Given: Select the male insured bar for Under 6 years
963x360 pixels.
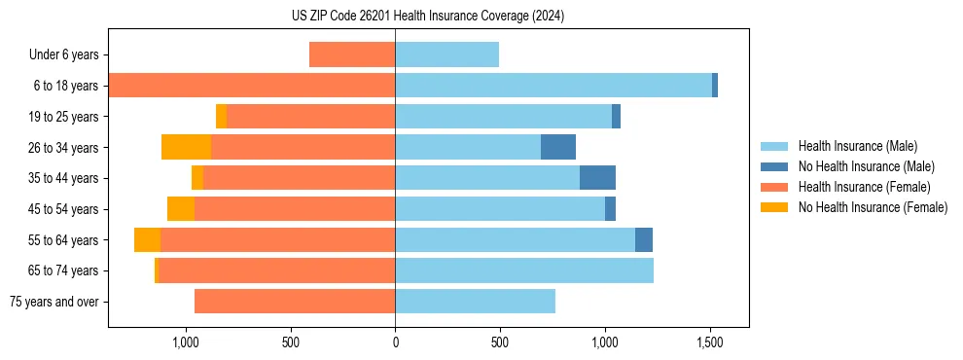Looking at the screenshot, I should point(446,54).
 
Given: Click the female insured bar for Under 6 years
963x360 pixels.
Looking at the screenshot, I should point(352,54).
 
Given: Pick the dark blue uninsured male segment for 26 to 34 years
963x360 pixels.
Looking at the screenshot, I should point(558,147).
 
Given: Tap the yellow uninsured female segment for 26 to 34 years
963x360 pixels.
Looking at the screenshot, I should point(186,147).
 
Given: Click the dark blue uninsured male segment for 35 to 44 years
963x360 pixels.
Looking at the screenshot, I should point(597,178).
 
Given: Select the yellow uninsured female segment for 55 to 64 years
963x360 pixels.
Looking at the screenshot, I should point(147,239).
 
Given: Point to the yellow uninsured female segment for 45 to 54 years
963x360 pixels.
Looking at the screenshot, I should point(181,208).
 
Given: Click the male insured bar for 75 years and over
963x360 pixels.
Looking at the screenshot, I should point(475,302).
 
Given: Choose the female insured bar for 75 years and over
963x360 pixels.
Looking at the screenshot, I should point(295,302).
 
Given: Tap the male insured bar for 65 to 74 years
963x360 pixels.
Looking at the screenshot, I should point(524,270).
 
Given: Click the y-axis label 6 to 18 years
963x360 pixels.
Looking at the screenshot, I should point(65,86).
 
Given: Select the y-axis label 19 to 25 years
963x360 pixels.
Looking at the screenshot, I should point(63,117).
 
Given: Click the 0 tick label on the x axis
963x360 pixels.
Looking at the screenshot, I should point(395,342).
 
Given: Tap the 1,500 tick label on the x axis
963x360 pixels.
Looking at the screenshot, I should point(710,342).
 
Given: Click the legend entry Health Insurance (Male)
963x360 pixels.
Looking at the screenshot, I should point(857,146).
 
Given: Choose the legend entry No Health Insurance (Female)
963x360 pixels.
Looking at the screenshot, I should point(873,207).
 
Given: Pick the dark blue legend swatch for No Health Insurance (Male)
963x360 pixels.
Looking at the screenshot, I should point(774,166).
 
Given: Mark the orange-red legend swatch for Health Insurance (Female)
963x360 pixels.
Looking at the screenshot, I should point(774,187).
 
